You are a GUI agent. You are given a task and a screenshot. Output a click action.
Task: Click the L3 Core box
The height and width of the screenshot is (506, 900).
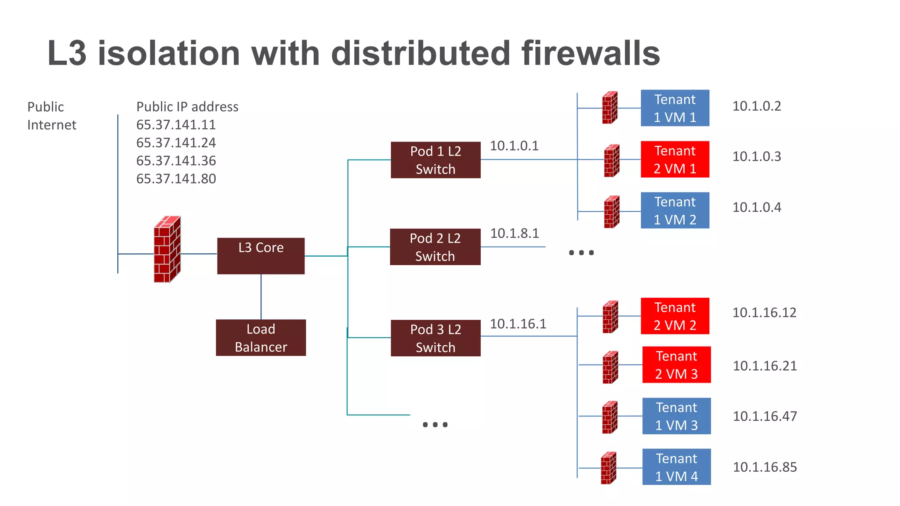click(261, 256)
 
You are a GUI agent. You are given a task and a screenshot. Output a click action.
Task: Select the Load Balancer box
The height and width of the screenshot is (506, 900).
click(261, 337)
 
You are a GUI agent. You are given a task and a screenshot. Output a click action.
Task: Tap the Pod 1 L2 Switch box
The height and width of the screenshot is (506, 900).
click(435, 160)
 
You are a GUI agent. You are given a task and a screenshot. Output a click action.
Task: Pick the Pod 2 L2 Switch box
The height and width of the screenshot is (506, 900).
click(435, 247)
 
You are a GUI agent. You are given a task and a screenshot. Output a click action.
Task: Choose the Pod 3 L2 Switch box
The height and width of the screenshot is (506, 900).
click(435, 338)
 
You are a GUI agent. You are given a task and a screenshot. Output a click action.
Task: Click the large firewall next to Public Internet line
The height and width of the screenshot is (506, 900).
click(167, 249)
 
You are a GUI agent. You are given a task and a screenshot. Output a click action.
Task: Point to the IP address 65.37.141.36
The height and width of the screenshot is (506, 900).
click(176, 161)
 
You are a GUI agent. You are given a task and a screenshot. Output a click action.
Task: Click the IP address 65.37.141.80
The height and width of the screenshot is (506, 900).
click(176, 179)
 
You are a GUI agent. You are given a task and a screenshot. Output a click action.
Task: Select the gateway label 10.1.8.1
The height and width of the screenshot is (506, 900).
click(514, 233)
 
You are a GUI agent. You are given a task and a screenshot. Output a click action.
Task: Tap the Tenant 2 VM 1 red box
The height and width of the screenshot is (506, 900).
click(675, 159)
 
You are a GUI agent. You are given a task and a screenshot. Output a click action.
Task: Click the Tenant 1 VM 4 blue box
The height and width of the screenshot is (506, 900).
click(676, 467)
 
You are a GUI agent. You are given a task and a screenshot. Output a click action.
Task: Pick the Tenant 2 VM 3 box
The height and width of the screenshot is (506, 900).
click(676, 365)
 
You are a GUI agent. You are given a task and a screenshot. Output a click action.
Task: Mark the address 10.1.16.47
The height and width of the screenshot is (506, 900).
click(765, 416)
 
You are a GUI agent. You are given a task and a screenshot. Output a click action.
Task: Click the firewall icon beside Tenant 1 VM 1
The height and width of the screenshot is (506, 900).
click(610, 108)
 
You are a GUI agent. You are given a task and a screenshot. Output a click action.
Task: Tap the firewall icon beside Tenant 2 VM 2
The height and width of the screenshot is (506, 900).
click(610, 317)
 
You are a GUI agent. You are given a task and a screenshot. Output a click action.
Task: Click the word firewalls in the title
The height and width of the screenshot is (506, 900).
click(591, 53)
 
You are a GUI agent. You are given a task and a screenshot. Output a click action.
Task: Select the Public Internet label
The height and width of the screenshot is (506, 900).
click(51, 116)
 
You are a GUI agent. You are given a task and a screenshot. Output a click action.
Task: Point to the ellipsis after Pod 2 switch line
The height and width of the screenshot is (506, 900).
click(581, 253)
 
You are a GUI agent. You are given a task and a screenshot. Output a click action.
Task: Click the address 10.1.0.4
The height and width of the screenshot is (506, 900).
click(756, 207)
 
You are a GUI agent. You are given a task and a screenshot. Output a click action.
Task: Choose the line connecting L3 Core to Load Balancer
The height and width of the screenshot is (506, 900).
click(261, 297)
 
